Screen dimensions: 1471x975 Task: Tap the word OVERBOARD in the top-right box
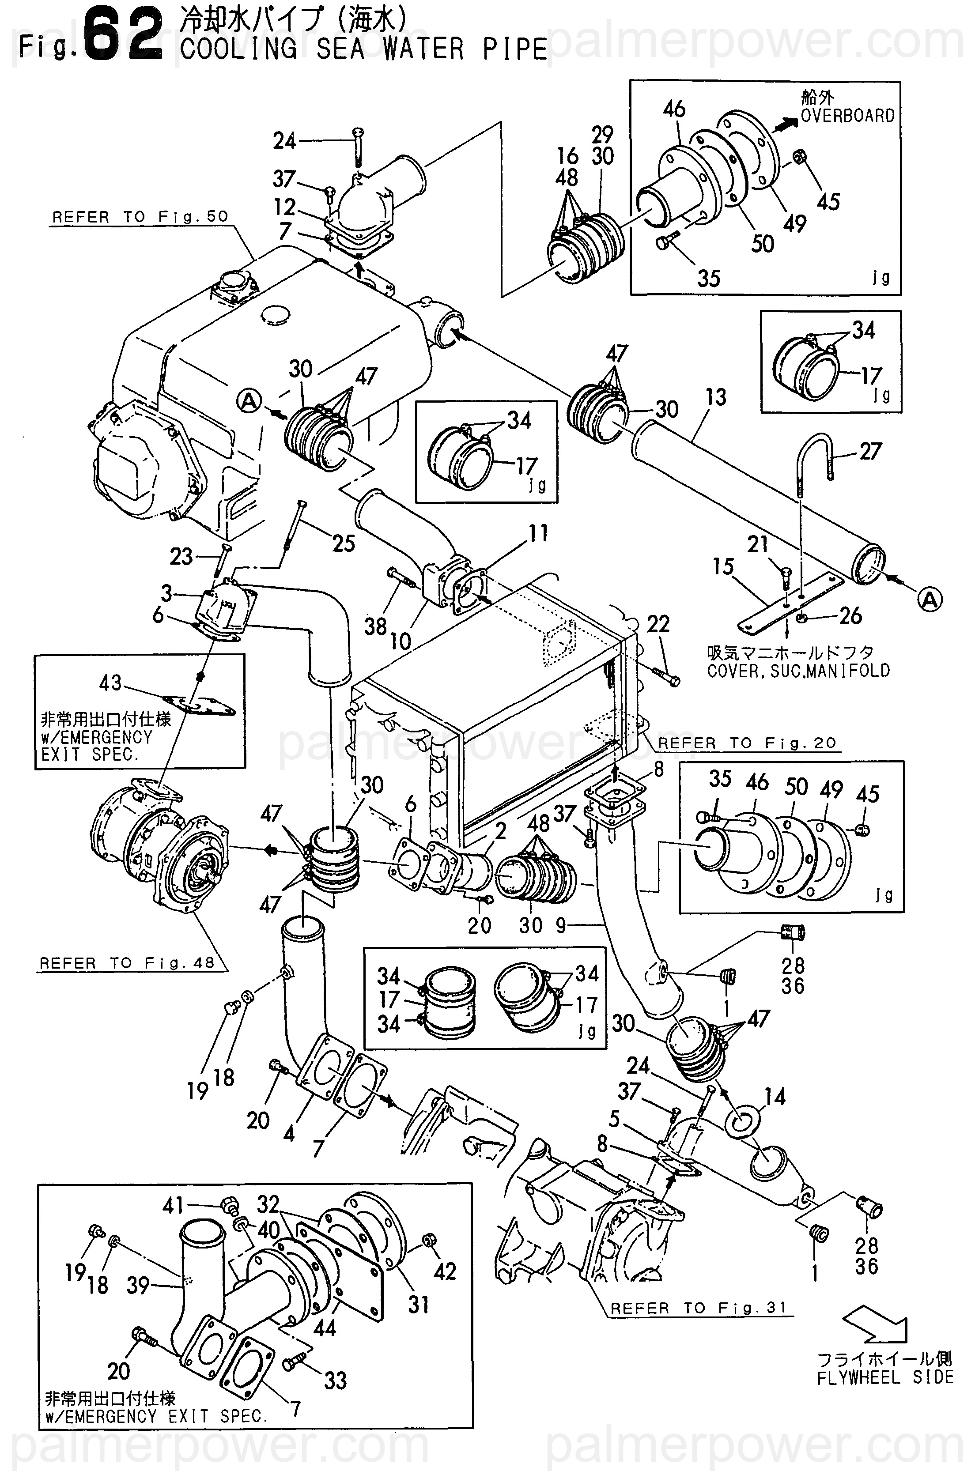pos(847,116)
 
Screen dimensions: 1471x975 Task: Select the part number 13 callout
pos(716,397)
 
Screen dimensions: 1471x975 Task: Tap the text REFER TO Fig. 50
pos(140,217)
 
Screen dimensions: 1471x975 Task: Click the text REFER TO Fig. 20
pos(747,743)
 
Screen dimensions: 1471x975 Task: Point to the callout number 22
pos(658,624)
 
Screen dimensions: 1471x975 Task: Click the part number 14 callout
pos(775,1097)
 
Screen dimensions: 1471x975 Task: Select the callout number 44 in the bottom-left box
pos(325,1328)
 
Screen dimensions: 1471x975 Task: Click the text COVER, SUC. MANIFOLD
pos(798,671)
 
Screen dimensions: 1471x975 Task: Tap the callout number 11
pos(538,533)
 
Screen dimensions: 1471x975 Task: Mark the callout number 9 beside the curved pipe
pos(561,926)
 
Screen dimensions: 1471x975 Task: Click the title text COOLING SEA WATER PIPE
pos(364,49)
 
